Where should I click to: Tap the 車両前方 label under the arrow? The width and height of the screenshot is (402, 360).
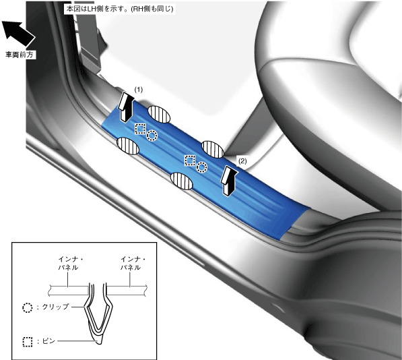20,55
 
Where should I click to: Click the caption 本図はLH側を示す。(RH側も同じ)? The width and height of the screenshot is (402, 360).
120,9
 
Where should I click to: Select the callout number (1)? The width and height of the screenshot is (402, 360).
139,90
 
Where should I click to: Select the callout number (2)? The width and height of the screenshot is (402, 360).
242,161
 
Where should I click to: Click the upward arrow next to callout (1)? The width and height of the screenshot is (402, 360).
126,107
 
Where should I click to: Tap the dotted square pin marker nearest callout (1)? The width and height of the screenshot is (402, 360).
140,129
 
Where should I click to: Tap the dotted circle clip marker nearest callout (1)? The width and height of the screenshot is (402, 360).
152,136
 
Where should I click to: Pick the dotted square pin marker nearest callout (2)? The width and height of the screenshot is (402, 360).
190,160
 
